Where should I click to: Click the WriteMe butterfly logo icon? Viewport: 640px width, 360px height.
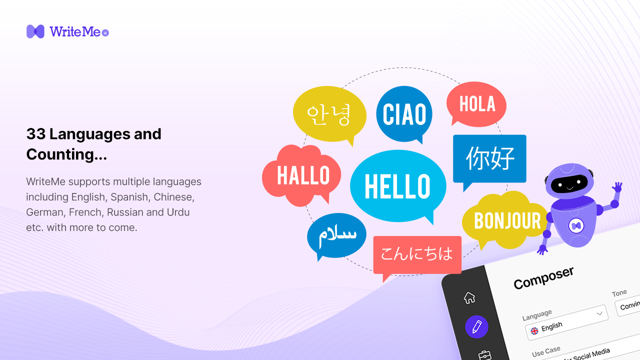pyautogui.click(x=35, y=31)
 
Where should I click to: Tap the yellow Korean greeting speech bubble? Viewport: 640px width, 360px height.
pyautogui.click(x=329, y=114)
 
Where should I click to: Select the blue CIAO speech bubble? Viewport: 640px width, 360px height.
pyautogui.click(x=404, y=114)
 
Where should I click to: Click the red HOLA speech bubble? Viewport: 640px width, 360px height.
pyautogui.click(x=476, y=104)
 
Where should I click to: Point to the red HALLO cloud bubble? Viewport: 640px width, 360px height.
pyautogui.click(x=302, y=175)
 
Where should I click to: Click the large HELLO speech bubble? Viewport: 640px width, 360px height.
pyautogui.click(x=397, y=186)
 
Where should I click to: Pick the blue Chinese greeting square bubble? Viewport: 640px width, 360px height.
pyautogui.click(x=489, y=158)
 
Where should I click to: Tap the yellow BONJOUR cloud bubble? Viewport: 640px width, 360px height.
pyautogui.click(x=506, y=220)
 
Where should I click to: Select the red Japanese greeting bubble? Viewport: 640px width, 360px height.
pyautogui.click(x=417, y=254)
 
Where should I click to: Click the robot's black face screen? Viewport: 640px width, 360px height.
pyautogui.click(x=569, y=183)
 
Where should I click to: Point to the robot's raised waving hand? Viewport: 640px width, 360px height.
pyautogui.click(x=617, y=188)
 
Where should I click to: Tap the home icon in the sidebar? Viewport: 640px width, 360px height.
pyautogui.click(x=469, y=297)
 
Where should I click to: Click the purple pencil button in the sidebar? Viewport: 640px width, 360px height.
pyautogui.click(x=476, y=327)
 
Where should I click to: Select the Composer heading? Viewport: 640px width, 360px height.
pyautogui.click(x=543, y=277)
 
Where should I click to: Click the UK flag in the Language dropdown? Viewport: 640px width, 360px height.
pyautogui.click(x=534, y=330)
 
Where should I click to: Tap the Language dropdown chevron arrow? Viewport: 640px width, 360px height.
pyautogui.click(x=600, y=313)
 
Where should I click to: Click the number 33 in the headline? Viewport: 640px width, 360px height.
pyautogui.click(x=35, y=134)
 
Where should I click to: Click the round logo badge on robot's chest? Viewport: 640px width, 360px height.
pyautogui.click(x=576, y=226)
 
